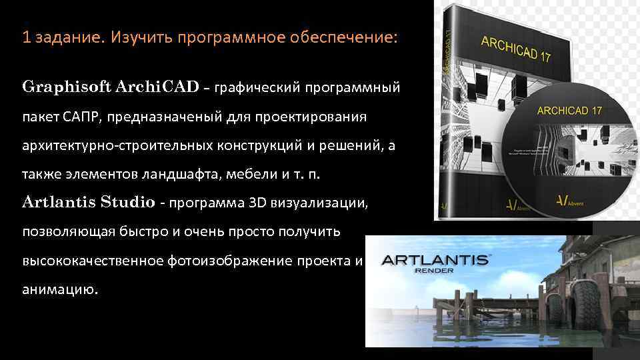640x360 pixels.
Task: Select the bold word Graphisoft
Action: [x=67, y=87]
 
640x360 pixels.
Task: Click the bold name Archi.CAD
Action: [x=157, y=87]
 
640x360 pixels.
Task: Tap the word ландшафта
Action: [x=181, y=175]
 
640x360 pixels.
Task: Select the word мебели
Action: [x=249, y=175]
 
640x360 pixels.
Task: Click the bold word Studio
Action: [x=129, y=202]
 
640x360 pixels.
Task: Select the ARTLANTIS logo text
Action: [x=434, y=261]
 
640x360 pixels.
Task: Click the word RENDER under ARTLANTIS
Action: [x=435, y=271]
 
